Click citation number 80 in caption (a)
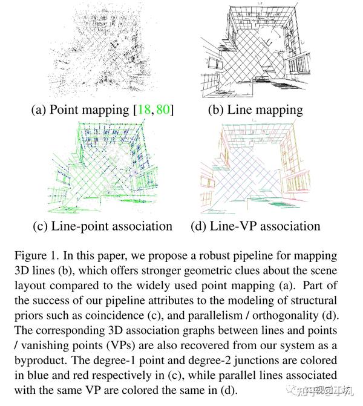click(x=162, y=110)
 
